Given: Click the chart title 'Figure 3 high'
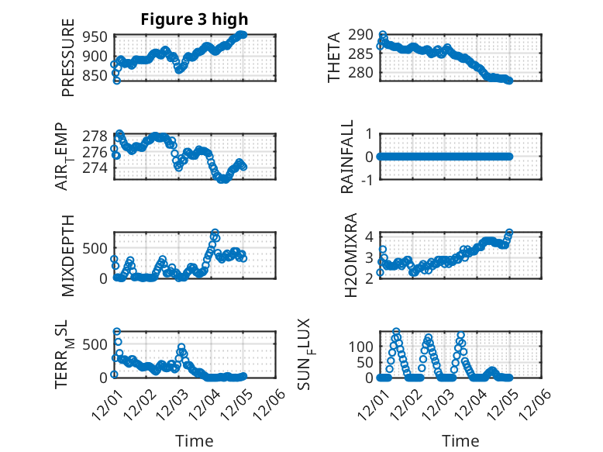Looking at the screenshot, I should [193, 19].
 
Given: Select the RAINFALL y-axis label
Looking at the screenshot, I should [349, 157].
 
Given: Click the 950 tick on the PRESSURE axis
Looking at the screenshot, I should [98, 36].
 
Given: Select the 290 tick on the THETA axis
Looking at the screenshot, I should [361, 35].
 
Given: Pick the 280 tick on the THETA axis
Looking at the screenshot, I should [361, 72].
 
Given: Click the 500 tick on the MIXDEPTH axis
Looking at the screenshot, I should [98, 248].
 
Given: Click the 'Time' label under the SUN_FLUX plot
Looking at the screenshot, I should [460, 441].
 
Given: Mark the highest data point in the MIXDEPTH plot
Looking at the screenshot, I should [215, 233].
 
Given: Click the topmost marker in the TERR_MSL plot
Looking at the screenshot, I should [117, 332].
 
